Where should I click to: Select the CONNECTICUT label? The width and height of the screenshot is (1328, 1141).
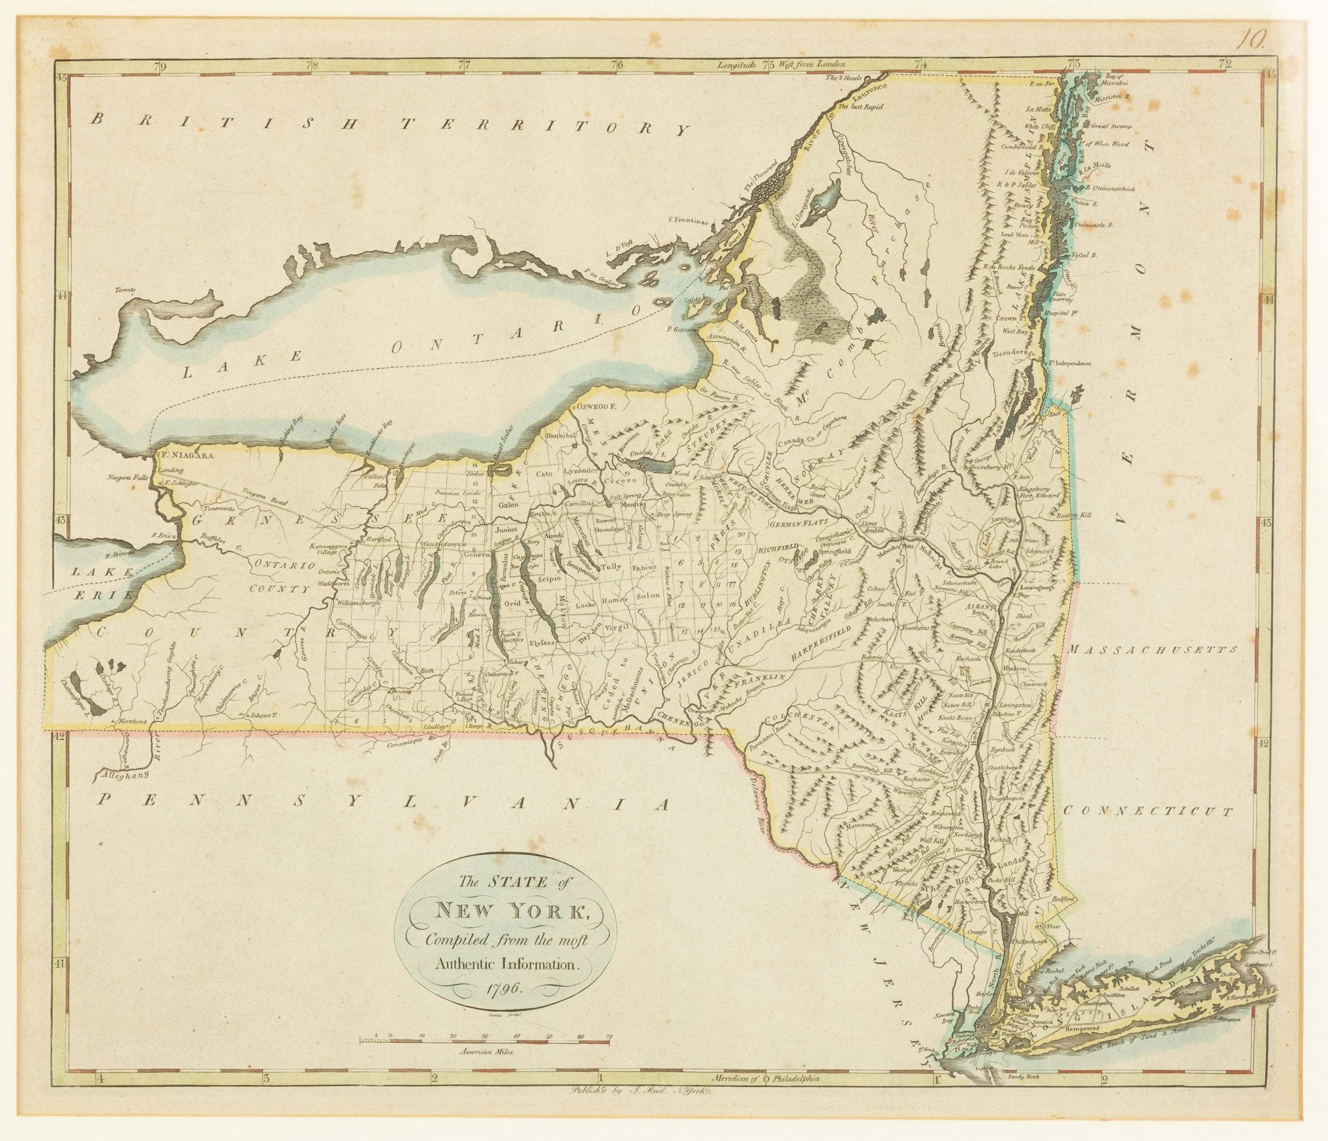point(1147,810)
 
